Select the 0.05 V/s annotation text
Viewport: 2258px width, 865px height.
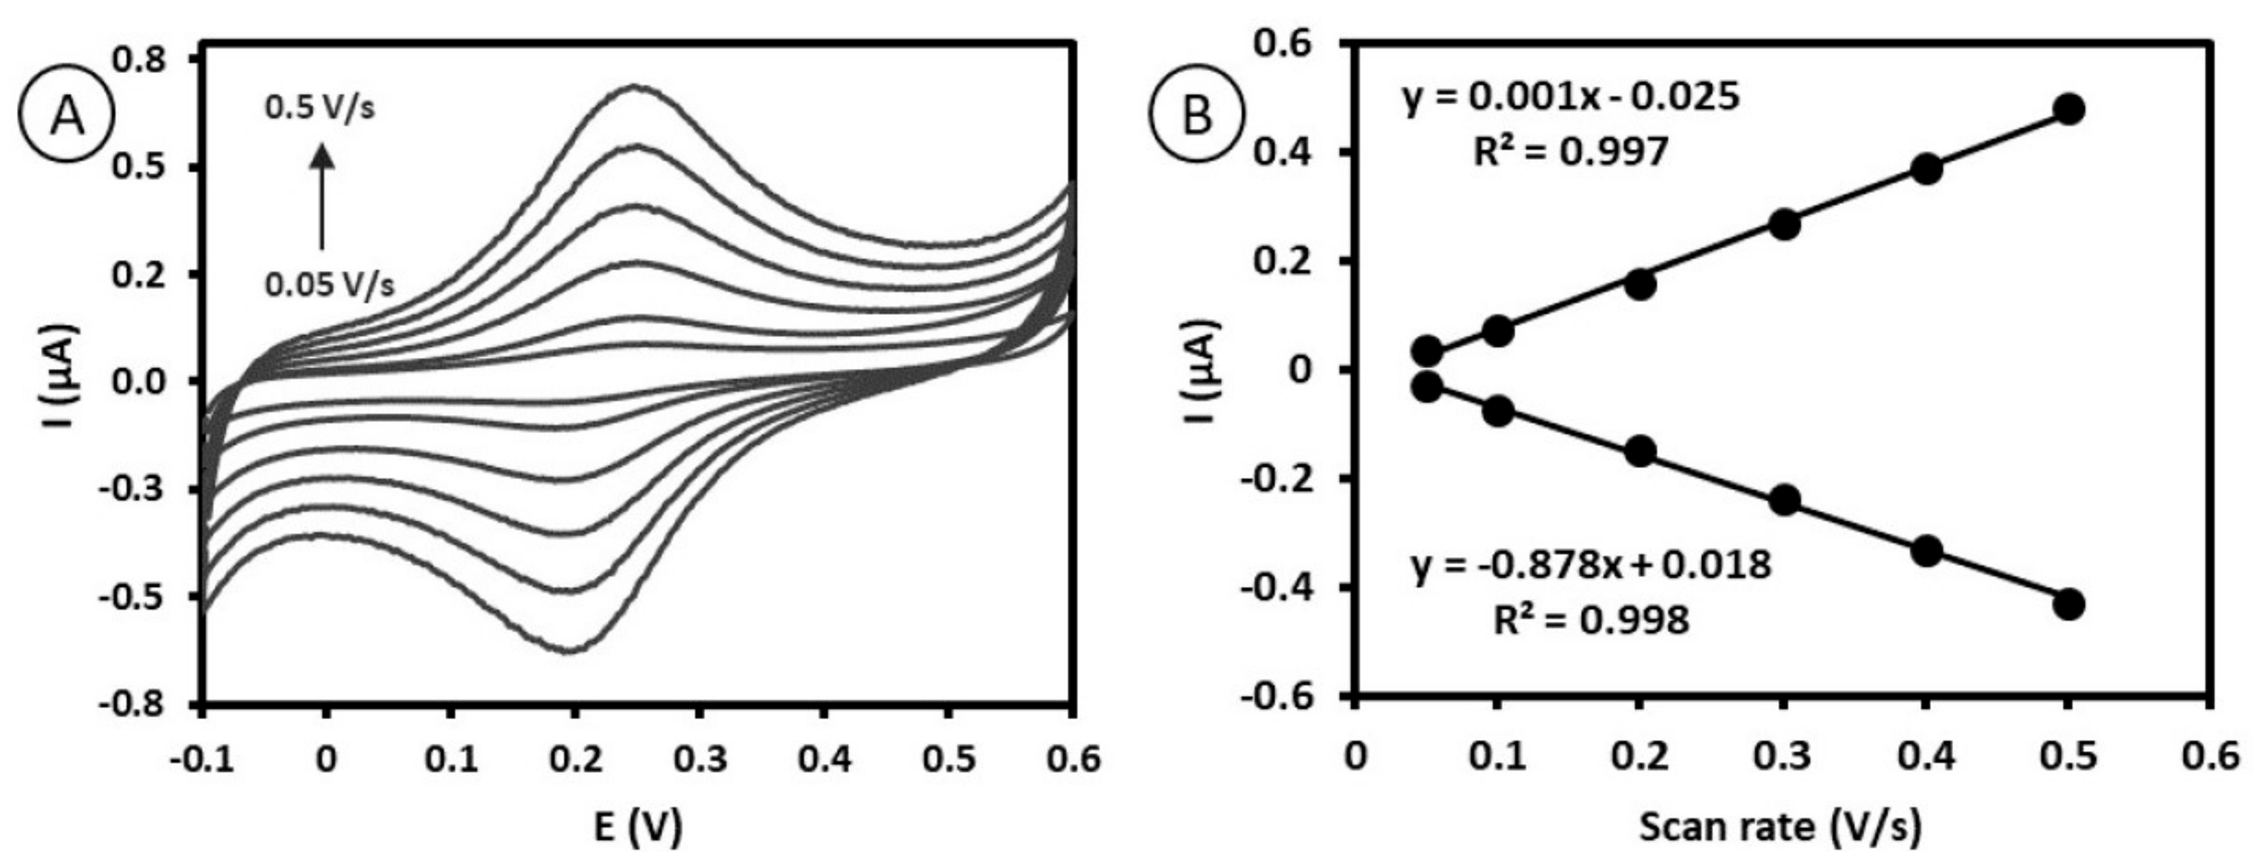(x=330, y=284)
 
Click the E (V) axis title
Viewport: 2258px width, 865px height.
(x=637, y=826)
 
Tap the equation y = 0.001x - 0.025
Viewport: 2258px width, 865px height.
(x=1571, y=98)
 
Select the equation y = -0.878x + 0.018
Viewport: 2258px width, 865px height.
(x=1592, y=566)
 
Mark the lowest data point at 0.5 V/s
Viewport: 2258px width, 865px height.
(x=2069, y=604)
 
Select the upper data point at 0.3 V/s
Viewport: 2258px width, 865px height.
(x=1784, y=224)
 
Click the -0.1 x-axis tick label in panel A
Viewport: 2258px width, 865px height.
(x=204, y=759)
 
